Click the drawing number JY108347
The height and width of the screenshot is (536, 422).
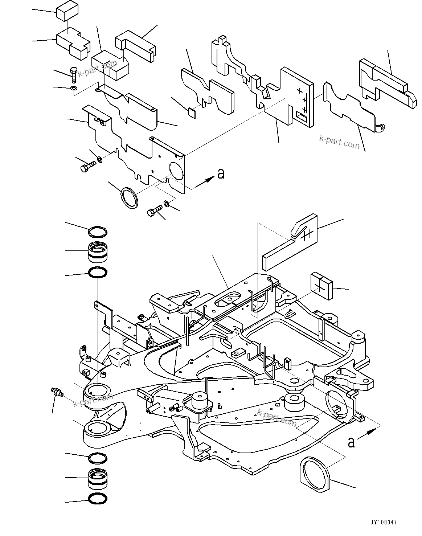[384, 523]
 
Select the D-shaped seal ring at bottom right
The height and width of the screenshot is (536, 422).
[314, 474]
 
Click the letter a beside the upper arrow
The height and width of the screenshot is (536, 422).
[221, 174]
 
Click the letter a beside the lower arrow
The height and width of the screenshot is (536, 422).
[351, 442]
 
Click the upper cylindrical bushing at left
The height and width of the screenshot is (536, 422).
[98, 251]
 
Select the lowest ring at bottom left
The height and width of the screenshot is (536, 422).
[98, 499]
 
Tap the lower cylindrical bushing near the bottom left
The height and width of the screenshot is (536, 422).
[98, 479]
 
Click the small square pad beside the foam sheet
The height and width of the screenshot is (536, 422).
[192, 112]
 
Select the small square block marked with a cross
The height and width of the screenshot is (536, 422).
[321, 286]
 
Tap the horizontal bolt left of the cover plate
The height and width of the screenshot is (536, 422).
[87, 168]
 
